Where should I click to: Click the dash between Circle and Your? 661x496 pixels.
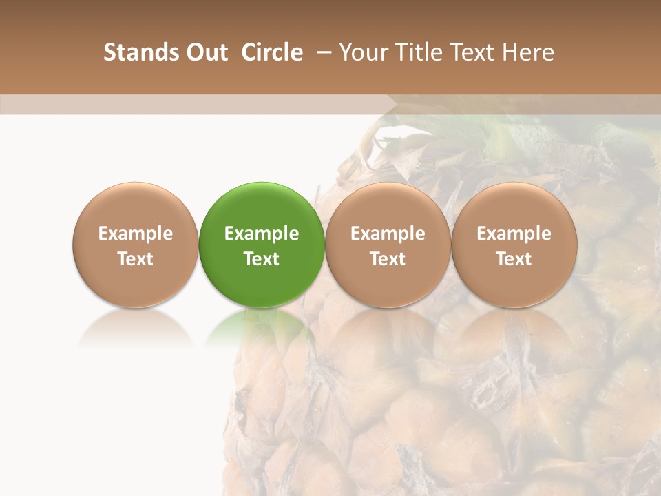point(321,52)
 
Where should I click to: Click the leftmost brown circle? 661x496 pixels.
point(136,245)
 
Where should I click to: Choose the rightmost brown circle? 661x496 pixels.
point(514,245)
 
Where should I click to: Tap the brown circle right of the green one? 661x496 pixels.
point(388,245)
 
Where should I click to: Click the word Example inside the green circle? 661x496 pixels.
point(262,234)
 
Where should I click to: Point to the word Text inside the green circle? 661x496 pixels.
point(262,259)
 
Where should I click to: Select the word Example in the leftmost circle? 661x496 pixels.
point(136,234)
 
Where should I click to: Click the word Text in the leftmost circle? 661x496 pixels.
point(136,259)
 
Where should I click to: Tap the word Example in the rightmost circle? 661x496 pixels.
point(514,234)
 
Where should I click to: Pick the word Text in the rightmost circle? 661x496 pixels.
point(514,259)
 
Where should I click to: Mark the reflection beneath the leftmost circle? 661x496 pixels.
point(136,327)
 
